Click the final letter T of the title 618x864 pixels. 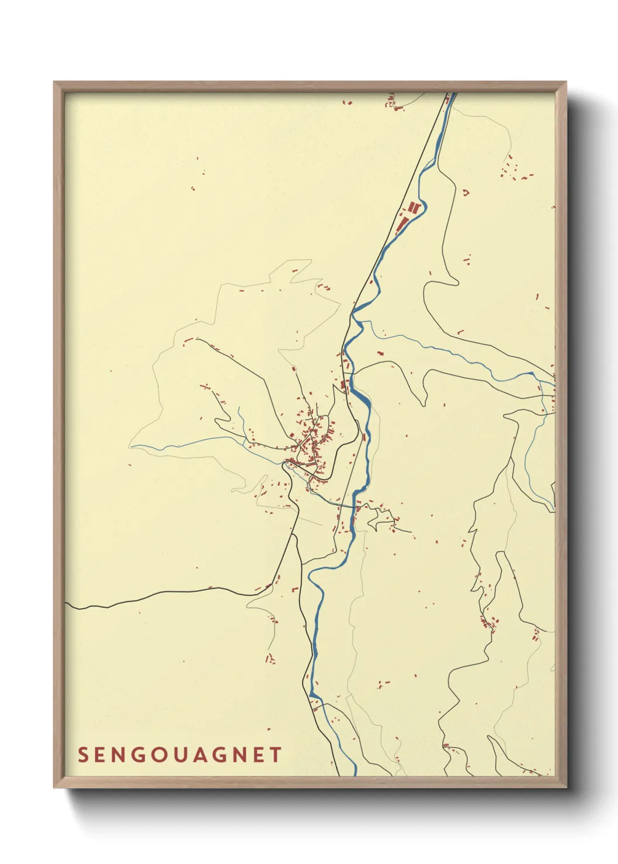(x=276, y=755)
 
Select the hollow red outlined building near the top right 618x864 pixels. (x=466, y=191)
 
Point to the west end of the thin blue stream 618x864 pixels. (x=132, y=447)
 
